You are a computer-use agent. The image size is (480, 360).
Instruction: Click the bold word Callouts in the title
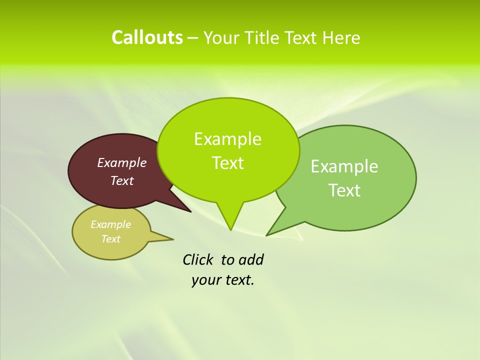click(x=147, y=37)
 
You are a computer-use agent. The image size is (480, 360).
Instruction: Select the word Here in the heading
click(x=341, y=37)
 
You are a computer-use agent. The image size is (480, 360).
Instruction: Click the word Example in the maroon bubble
click(x=122, y=162)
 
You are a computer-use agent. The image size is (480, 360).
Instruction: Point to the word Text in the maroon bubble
click(x=122, y=180)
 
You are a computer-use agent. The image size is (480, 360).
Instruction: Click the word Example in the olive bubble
click(x=110, y=224)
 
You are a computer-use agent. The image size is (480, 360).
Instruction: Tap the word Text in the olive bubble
click(x=110, y=239)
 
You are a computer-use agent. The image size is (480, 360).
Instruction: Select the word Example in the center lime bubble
click(x=227, y=139)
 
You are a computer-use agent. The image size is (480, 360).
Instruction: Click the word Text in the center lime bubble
click(x=227, y=163)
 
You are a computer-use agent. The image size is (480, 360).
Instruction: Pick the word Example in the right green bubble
click(x=344, y=166)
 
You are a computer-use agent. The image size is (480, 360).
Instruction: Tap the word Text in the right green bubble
click(x=344, y=190)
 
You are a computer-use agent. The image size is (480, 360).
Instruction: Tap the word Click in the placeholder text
click(x=198, y=260)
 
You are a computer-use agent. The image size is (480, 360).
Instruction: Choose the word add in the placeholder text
click(x=250, y=260)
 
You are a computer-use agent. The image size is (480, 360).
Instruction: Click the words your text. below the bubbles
click(x=223, y=280)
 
